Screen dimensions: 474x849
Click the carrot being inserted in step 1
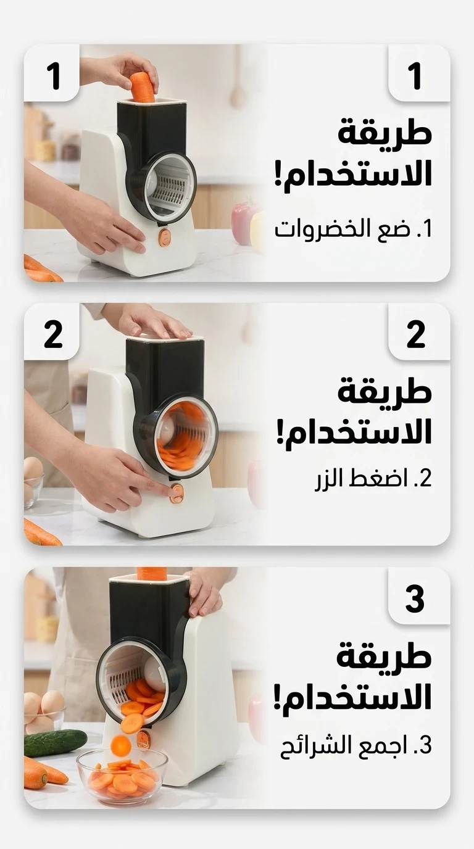coord(143,86)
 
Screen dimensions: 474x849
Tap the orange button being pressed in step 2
coord(177,493)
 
